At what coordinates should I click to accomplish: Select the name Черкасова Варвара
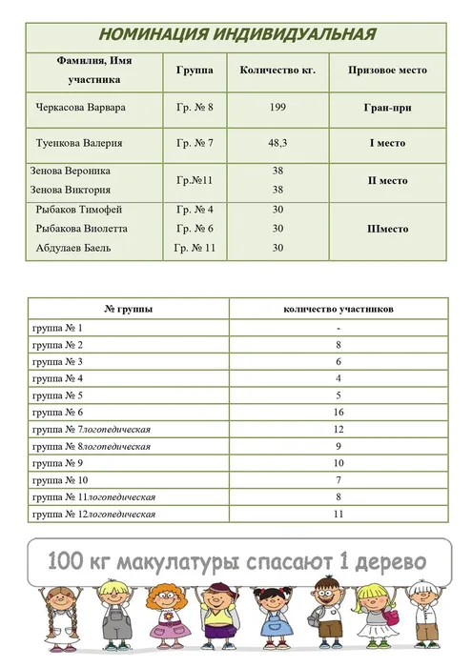pos(79,108)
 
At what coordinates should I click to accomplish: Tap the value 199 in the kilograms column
pos(277,108)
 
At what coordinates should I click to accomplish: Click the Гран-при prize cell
pos(387,108)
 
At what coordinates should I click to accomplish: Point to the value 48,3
pos(277,144)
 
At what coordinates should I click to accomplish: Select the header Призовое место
pos(387,71)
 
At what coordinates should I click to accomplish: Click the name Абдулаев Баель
pos(73,248)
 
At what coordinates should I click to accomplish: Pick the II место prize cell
pos(387,180)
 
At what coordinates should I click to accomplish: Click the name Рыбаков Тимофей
pos(78,210)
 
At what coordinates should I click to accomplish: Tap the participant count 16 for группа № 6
pos(339,413)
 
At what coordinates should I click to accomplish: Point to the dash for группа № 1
pos(339,328)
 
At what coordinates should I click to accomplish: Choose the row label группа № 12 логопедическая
pos(93,515)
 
